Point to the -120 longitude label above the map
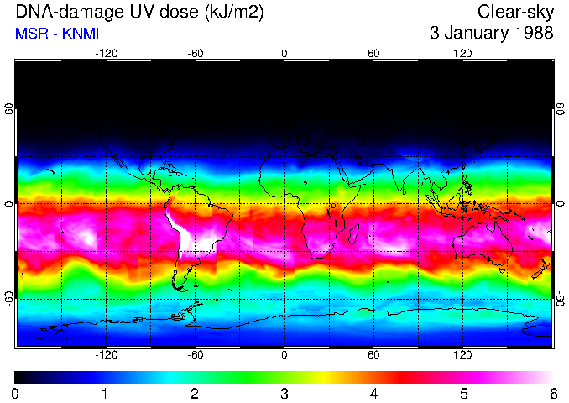(x=106, y=53)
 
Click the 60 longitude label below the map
(x=373, y=354)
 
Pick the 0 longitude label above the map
(x=284, y=53)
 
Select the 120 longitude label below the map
(x=463, y=354)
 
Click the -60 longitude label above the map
(x=195, y=53)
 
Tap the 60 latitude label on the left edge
(x=9, y=108)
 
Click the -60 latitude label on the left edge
(x=9, y=298)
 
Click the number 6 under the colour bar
(x=553, y=393)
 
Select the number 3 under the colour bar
(x=284, y=393)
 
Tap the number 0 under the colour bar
(x=15, y=393)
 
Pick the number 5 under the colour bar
(x=463, y=393)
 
